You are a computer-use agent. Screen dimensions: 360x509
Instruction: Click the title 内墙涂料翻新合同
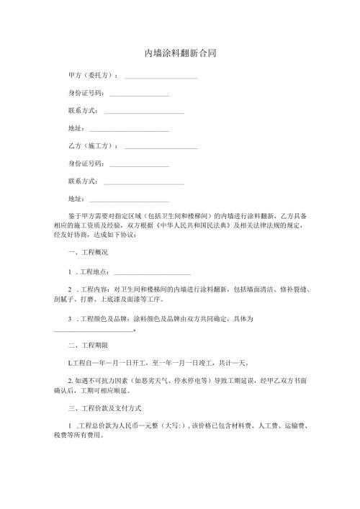180,53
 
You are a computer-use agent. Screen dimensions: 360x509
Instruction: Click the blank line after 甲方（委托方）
161,76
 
